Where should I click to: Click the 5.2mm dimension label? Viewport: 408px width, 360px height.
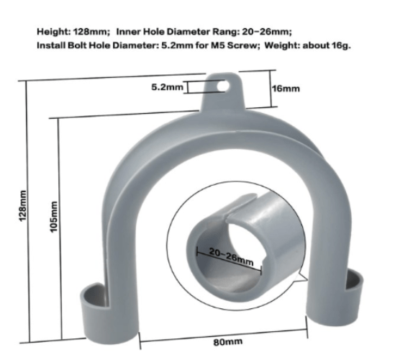pyautogui.click(x=167, y=86)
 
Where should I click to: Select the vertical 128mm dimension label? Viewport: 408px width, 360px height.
pyautogui.click(x=23, y=205)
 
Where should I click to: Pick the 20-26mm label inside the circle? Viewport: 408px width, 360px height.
pyautogui.click(x=230, y=255)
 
